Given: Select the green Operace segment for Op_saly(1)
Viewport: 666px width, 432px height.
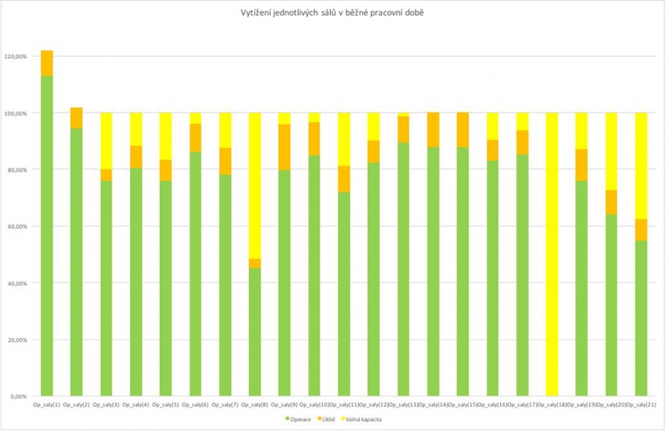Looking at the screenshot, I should [x=47, y=233].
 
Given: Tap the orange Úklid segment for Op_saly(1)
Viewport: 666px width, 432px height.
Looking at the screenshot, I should [x=47, y=63].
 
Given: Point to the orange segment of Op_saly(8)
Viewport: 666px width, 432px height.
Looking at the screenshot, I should [x=255, y=264].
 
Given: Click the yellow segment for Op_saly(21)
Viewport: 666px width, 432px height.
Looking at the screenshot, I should [x=641, y=166].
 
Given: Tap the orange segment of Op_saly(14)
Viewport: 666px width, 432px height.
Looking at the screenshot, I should [x=433, y=130].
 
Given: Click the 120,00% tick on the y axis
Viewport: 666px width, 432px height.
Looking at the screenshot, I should [x=16, y=57].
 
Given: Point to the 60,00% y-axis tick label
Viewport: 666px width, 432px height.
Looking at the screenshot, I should [x=16, y=226].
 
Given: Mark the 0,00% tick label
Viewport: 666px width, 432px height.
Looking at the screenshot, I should [x=17, y=396].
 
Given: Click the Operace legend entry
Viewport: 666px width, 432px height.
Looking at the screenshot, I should [x=298, y=419].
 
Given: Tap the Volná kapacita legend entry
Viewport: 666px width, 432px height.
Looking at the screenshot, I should [x=366, y=419].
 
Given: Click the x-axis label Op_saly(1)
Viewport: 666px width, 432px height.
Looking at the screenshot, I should [x=47, y=405].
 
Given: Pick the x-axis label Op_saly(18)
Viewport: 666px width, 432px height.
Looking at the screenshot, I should [x=552, y=405].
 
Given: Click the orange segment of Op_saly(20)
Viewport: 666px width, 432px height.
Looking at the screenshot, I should [x=611, y=202].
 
